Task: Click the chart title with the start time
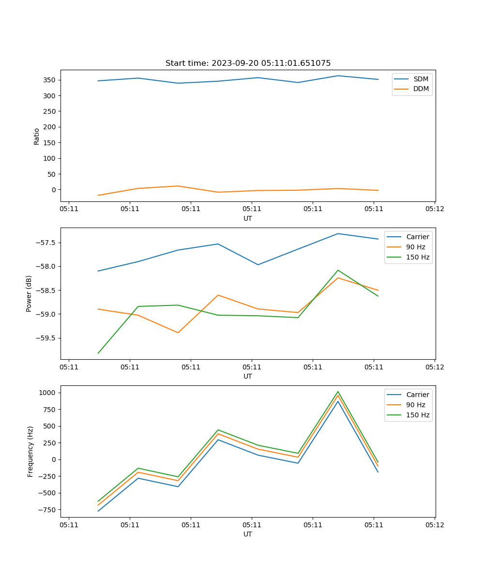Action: click(x=248, y=63)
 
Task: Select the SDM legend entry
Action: click(x=421, y=79)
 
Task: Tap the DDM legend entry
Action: click(x=421, y=89)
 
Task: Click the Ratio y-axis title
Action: click(x=37, y=136)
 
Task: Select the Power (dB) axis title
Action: click(x=29, y=293)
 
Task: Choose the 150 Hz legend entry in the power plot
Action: click(x=417, y=257)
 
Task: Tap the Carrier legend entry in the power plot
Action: click(x=417, y=237)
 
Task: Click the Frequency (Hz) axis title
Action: click(x=30, y=451)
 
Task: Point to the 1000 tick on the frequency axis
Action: click(x=48, y=393)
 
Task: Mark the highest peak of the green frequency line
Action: click(x=338, y=392)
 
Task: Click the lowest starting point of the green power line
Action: click(x=98, y=353)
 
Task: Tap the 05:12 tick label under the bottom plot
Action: click(x=434, y=524)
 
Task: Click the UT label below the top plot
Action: click(x=248, y=218)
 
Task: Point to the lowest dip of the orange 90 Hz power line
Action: click(x=178, y=333)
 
